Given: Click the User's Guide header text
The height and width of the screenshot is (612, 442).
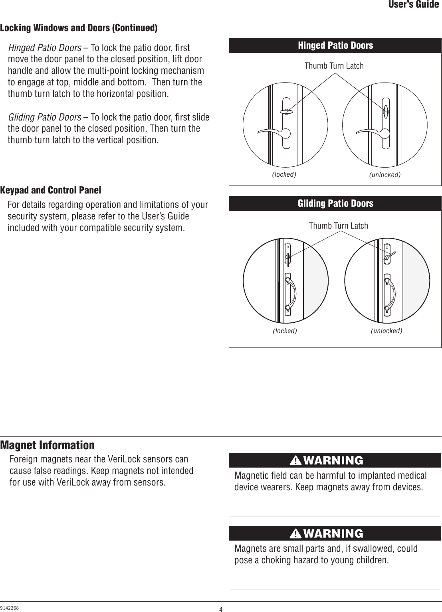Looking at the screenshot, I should (x=414, y=5).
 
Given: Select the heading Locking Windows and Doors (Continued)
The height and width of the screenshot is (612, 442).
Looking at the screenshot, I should (x=79, y=28).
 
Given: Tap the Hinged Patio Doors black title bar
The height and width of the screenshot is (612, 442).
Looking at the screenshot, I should (x=335, y=45).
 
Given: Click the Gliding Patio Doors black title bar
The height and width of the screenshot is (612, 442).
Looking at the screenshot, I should (x=335, y=203).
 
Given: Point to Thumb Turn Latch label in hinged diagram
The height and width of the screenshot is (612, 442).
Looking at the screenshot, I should (x=334, y=66).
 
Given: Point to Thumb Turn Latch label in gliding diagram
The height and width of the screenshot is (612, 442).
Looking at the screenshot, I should (x=338, y=226).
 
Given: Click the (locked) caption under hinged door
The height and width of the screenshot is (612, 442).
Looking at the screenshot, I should (x=284, y=175).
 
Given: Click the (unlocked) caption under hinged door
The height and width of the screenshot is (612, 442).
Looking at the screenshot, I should (x=385, y=175).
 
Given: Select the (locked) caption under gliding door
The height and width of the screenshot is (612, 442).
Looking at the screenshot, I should (x=285, y=331).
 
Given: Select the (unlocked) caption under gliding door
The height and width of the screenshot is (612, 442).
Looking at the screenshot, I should (x=386, y=331).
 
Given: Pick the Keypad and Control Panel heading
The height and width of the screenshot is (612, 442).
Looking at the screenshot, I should (x=51, y=190).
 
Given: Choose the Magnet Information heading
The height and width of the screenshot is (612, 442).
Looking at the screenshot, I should (x=48, y=445).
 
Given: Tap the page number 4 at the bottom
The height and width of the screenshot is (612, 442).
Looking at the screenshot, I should (x=220, y=609).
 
